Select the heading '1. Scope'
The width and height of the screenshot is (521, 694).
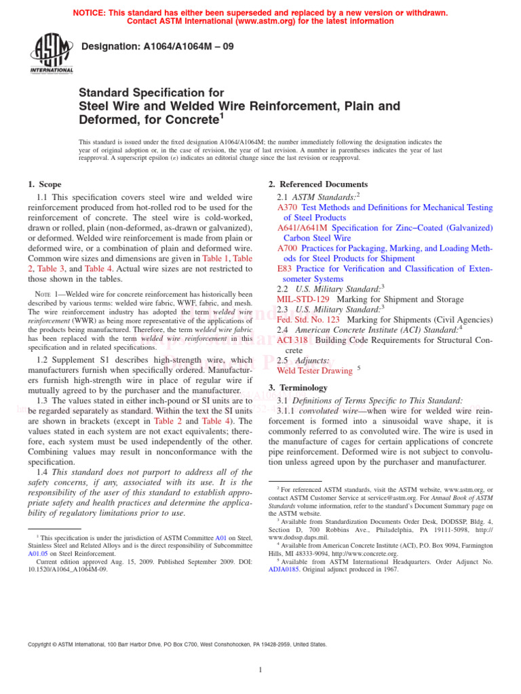click(44, 184)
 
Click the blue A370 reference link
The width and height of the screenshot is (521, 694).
click(288, 207)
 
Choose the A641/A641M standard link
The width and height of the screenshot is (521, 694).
click(303, 228)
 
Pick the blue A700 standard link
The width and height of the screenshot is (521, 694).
click(288, 248)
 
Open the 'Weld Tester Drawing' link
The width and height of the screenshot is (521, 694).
click(314, 371)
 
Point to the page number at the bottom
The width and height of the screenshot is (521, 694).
click(260, 670)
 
